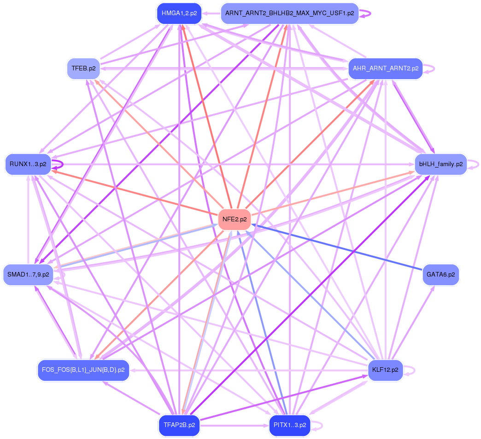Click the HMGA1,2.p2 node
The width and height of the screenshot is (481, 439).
[x=179, y=13]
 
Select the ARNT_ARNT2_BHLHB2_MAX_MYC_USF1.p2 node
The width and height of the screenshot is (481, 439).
[x=289, y=13]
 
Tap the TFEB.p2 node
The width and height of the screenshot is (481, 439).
[x=83, y=69]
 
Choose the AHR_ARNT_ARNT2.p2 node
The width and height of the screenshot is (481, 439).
[x=385, y=69]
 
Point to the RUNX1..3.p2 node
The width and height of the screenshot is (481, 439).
[x=28, y=164]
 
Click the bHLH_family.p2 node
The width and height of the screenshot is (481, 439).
[x=440, y=164]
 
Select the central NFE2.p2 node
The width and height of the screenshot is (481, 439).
[x=235, y=219]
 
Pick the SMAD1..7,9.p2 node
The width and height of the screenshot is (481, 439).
[x=28, y=275]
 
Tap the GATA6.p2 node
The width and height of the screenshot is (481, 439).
[x=440, y=275]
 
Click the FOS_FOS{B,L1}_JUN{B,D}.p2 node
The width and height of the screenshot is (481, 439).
[x=83, y=370]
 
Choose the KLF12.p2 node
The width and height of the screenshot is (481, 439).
[x=385, y=370]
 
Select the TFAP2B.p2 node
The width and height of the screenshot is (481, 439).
[x=179, y=425]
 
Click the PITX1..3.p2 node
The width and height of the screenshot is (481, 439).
[x=289, y=425]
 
